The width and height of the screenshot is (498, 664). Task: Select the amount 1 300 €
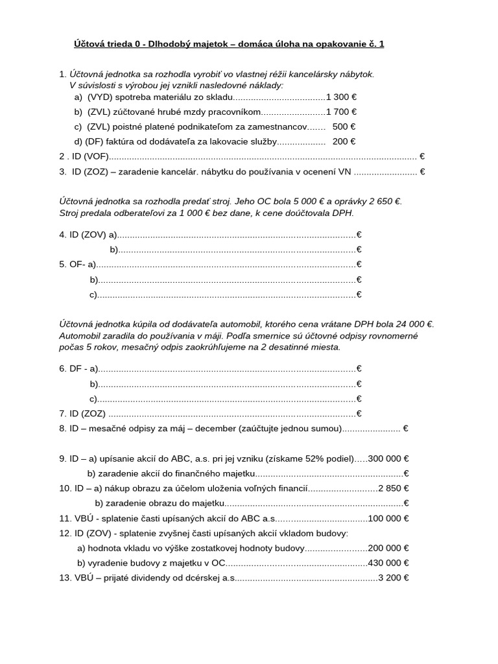pyautogui.click(x=341, y=97)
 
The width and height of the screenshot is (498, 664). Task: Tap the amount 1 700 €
pyautogui.click(x=341, y=112)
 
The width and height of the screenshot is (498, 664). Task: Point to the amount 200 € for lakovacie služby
pyautogui.click(x=344, y=141)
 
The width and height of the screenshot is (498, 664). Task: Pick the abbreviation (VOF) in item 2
pyautogui.click(x=95, y=156)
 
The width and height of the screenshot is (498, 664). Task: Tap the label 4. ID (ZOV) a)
pyautogui.click(x=88, y=235)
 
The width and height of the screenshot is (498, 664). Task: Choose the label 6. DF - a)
pyautogui.click(x=78, y=369)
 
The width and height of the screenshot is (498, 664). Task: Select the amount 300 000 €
pyautogui.click(x=388, y=458)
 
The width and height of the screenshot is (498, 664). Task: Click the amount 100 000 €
pyautogui.click(x=388, y=518)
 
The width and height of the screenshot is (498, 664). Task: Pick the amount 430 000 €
pyautogui.click(x=388, y=563)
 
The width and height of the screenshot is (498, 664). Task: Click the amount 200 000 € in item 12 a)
pyautogui.click(x=388, y=548)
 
